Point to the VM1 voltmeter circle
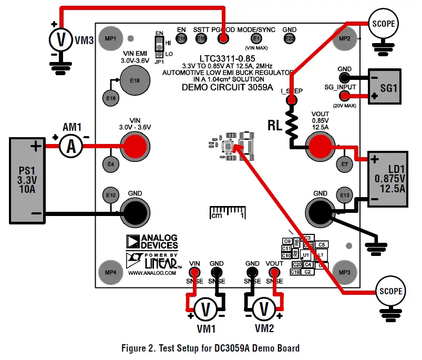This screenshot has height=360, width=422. pyautogui.click(x=205, y=310)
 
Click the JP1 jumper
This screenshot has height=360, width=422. pyautogui.click(x=158, y=45)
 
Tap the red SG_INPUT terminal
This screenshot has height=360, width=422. pyautogui.click(x=345, y=96)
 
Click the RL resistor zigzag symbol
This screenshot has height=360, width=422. pyautogui.click(x=290, y=124)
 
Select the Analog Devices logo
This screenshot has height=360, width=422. pyautogui.click(x=151, y=242)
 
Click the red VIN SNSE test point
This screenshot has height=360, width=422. pyautogui.click(x=194, y=272)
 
